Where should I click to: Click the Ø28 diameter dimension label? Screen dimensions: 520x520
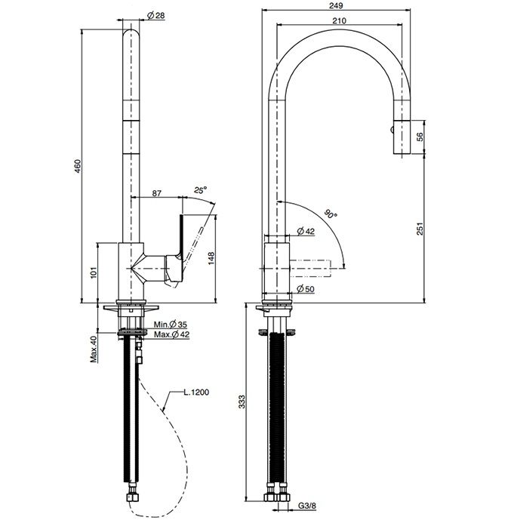(156, 15)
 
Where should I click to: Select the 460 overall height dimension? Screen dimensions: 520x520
(77, 166)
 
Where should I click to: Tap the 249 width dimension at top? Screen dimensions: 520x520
(337, 5)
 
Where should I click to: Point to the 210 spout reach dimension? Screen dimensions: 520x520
(340, 20)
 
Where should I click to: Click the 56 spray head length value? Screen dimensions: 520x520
(420, 137)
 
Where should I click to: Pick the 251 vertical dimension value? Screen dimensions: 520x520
(420, 229)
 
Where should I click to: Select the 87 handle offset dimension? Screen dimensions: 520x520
(156, 193)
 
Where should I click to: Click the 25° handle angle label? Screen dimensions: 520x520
(201, 189)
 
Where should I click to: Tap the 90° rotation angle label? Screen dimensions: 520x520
(331, 214)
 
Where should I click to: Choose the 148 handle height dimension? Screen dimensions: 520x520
(211, 258)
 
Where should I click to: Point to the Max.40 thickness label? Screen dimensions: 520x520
(94, 349)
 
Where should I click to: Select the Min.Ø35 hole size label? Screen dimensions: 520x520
(170, 324)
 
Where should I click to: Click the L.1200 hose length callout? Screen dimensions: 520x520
(196, 392)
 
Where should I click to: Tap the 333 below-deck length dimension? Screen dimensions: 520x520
(242, 402)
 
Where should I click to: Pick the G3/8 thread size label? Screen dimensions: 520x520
(307, 506)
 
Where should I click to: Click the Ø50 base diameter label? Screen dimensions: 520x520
(306, 289)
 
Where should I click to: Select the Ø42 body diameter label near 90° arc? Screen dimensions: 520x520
(306, 231)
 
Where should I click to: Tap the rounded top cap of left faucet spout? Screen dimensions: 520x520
(131, 34)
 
